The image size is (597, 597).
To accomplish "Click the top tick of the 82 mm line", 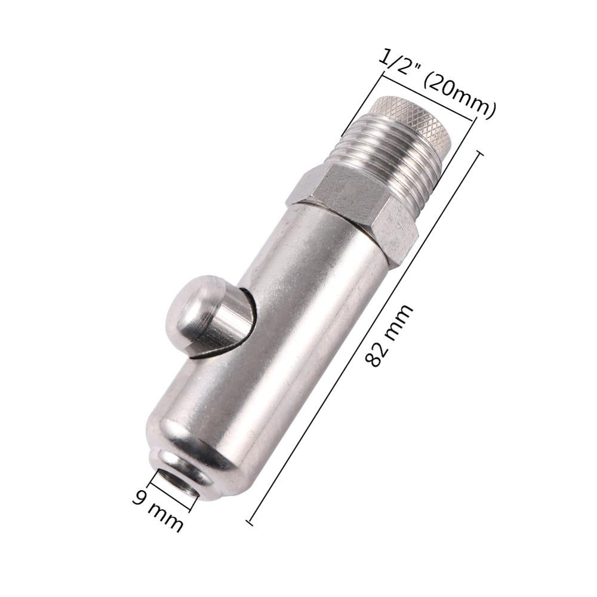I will [479, 154].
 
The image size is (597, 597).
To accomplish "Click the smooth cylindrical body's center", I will [287, 334].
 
